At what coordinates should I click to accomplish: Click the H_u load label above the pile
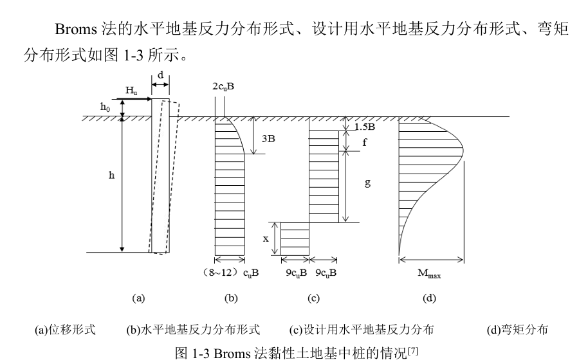pyautogui.click(x=131, y=92)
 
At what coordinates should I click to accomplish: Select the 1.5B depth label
pyautogui.click(x=365, y=126)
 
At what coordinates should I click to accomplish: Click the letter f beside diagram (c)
pyautogui.click(x=364, y=143)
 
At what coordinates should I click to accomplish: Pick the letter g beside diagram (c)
pyautogui.click(x=367, y=183)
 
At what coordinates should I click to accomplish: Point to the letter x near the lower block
pyautogui.click(x=266, y=238)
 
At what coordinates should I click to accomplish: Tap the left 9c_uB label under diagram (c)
pyautogui.click(x=295, y=273)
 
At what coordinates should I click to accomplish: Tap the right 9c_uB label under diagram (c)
pyautogui.click(x=325, y=273)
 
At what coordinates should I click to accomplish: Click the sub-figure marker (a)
pyautogui.click(x=138, y=298)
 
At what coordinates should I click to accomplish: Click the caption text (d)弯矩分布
pyautogui.click(x=518, y=330)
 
